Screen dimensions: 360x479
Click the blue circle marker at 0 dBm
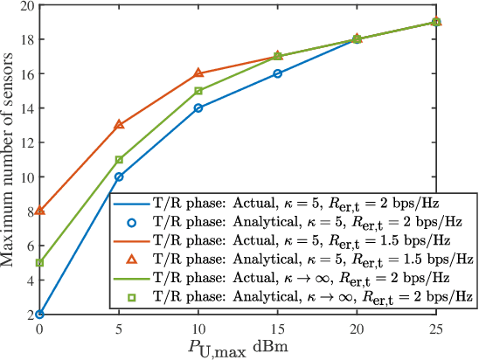click(39, 314)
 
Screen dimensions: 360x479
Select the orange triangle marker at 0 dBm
click(39, 211)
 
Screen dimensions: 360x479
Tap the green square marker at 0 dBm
click(39, 262)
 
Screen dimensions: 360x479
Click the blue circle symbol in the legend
click(132, 219)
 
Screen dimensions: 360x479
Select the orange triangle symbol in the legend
click(132, 259)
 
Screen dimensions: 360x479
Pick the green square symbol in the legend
click(132, 298)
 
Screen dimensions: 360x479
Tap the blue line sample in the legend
click(132, 200)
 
